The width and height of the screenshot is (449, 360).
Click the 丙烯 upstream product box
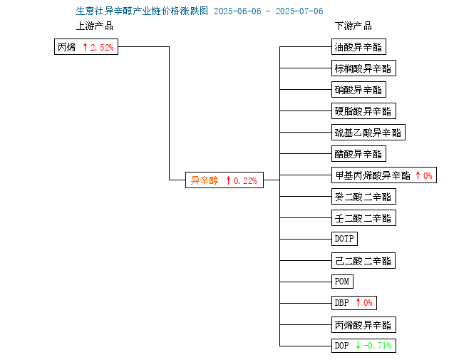(x=86, y=46)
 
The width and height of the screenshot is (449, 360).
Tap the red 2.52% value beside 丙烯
(x=102, y=47)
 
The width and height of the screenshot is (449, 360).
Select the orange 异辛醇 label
(x=205, y=180)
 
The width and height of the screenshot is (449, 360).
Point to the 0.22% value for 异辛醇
(x=245, y=181)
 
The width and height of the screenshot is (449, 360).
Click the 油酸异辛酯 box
(x=358, y=46)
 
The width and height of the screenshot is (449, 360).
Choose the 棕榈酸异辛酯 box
(x=363, y=68)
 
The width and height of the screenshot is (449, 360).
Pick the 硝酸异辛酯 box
(x=358, y=89)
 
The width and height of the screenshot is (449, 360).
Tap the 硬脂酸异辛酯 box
(x=363, y=110)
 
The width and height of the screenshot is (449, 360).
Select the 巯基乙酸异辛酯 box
(x=368, y=133)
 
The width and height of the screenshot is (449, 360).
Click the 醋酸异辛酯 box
(x=358, y=153)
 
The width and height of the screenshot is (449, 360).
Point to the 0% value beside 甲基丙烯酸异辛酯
(x=428, y=175)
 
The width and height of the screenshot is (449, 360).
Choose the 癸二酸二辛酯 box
(x=363, y=197)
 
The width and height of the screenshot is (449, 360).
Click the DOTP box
(x=344, y=239)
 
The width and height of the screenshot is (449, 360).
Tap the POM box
(x=342, y=282)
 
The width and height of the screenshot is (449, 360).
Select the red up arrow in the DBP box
(x=358, y=302)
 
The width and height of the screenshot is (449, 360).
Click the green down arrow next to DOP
(x=358, y=345)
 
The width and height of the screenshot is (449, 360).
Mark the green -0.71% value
(x=378, y=346)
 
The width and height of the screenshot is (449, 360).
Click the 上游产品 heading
(x=95, y=26)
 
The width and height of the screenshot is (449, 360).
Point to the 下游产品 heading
(x=353, y=26)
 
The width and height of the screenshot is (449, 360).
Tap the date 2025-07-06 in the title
(x=299, y=11)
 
